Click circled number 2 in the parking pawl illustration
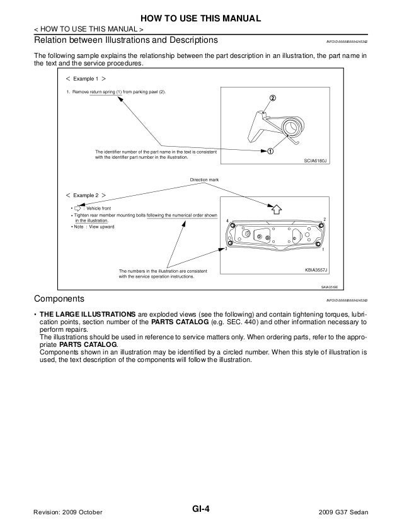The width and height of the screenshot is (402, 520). click(273, 99)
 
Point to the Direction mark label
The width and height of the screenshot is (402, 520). click(205, 180)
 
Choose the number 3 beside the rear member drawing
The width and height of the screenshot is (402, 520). click(225, 250)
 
